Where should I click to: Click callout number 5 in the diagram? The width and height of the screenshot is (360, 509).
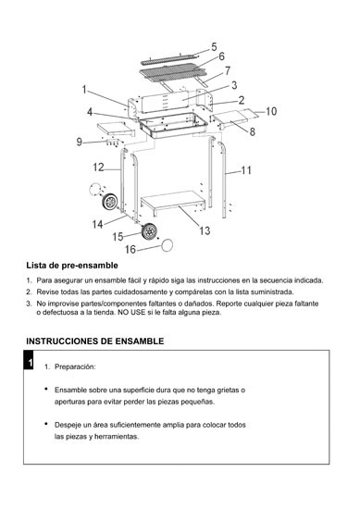tap(214, 47)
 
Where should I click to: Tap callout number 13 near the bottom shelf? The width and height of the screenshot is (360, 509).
tap(205, 230)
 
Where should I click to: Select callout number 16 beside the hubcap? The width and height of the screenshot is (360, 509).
tap(130, 249)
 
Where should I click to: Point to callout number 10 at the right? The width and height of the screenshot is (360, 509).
tap(271, 111)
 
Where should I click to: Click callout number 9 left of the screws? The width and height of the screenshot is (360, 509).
tap(80, 142)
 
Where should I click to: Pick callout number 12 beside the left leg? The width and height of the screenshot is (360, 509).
tap(98, 168)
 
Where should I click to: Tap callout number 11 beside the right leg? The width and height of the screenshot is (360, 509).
tap(246, 170)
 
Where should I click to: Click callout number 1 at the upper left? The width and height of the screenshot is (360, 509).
tap(84, 90)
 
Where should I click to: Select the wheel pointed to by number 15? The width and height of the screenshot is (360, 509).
tap(150, 231)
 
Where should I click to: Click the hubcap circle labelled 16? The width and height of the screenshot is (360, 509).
tap(167, 245)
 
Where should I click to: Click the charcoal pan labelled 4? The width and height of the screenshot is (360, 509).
tap(174, 125)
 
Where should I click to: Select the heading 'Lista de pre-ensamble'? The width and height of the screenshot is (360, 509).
tap(72, 266)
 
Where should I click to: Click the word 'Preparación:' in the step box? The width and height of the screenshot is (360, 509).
tap(75, 366)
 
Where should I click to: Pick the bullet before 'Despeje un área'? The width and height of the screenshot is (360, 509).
tap(47, 424)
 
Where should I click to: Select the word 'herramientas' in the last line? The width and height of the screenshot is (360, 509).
tap(117, 437)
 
